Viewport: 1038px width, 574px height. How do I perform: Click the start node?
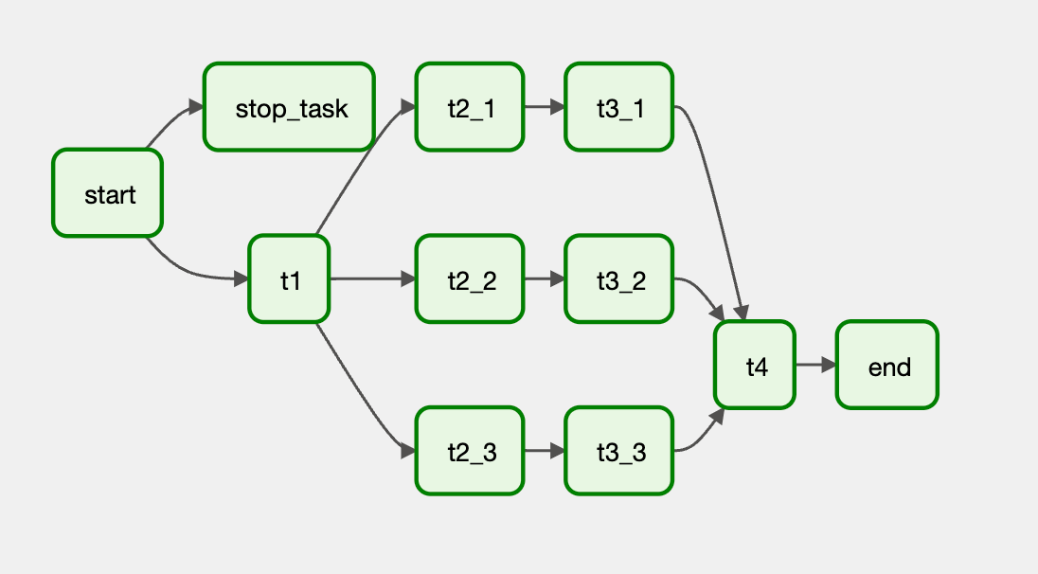(108, 193)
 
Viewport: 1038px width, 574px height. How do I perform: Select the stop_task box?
(289, 107)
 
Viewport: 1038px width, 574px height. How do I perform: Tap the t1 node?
(289, 278)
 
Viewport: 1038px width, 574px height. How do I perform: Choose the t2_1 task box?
(469, 107)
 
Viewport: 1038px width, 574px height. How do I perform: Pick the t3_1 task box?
(619, 107)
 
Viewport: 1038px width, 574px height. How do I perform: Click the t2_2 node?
(469, 278)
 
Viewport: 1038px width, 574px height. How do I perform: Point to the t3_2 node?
(619, 278)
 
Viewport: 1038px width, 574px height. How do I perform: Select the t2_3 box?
(469, 451)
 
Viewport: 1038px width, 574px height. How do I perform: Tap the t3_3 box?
(619, 451)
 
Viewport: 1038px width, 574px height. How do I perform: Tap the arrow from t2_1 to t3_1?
(544, 107)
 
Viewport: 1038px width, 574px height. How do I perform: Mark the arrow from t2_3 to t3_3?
(544, 451)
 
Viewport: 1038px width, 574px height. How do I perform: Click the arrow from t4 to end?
(814, 365)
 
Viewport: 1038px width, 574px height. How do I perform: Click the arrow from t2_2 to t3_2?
(544, 278)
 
